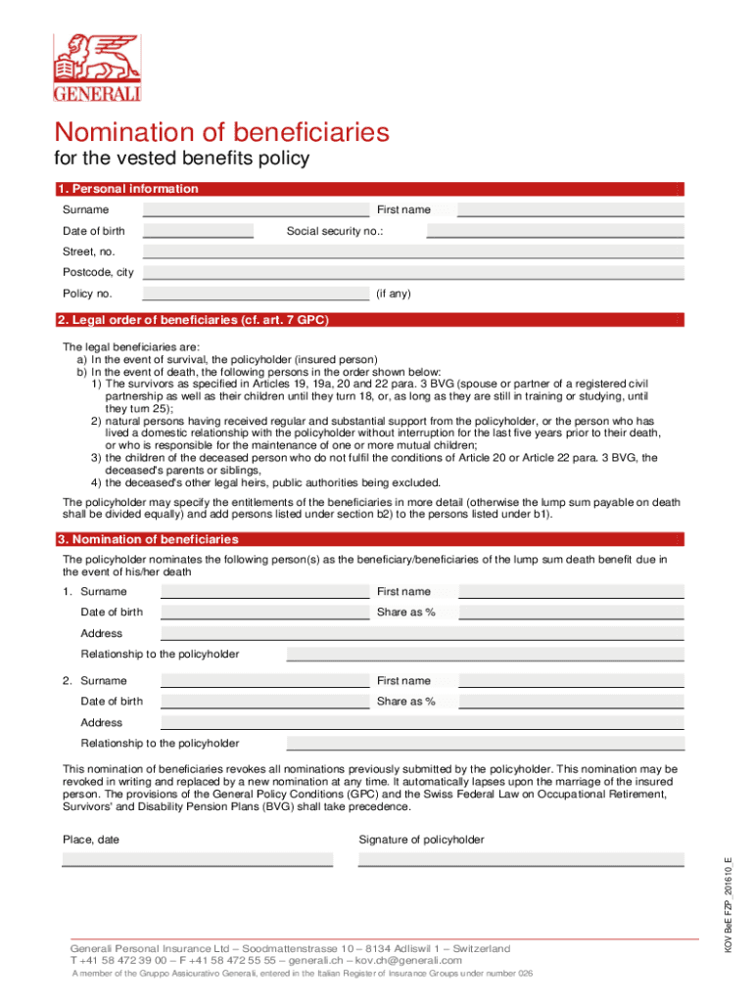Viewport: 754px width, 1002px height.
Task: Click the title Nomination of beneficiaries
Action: [x=221, y=132]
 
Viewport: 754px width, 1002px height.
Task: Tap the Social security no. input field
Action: [x=554, y=231]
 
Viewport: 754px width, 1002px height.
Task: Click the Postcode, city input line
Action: [x=412, y=272]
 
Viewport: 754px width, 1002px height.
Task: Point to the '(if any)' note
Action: [x=394, y=294]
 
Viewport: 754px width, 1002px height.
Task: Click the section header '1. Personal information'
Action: [x=130, y=189]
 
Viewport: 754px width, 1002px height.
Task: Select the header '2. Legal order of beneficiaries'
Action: [x=196, y=320]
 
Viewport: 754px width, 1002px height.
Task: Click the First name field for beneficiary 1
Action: [x=571, y=591]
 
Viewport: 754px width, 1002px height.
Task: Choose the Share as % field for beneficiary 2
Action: [x=571, y=702]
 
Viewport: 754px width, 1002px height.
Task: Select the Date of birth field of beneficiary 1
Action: [x=264, y=613]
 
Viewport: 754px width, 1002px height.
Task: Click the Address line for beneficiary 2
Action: [x=421, y=723]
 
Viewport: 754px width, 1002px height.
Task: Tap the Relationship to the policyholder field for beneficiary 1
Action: [x=485, y=655]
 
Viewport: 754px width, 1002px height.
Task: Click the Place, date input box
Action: [x=197, y=859]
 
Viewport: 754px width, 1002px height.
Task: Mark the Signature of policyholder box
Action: [x=520, y=859]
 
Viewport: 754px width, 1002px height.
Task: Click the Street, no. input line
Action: [x=412, y=251]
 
